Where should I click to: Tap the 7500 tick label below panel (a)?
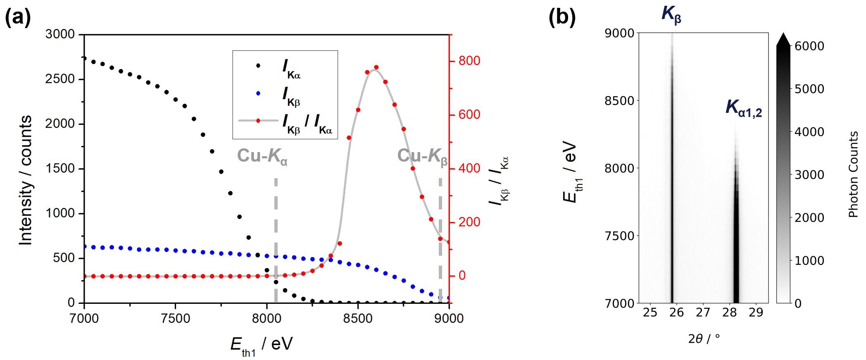click(176, 318)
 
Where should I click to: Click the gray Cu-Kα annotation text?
click(262, 157)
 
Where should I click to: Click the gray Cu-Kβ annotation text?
click(422, 157)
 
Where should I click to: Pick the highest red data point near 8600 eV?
click(376, 67)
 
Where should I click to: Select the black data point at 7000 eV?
click(84, 58)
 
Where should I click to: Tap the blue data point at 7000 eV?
click(84, 247)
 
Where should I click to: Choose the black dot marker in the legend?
click(258, 65)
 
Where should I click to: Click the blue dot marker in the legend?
click(258, 93)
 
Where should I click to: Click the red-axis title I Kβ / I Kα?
click(500, 181)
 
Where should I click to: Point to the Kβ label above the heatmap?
click(671, 14)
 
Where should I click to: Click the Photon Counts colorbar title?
click(853, 174)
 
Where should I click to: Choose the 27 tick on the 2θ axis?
click(703, 312)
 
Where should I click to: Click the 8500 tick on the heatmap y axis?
click(619, 100)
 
